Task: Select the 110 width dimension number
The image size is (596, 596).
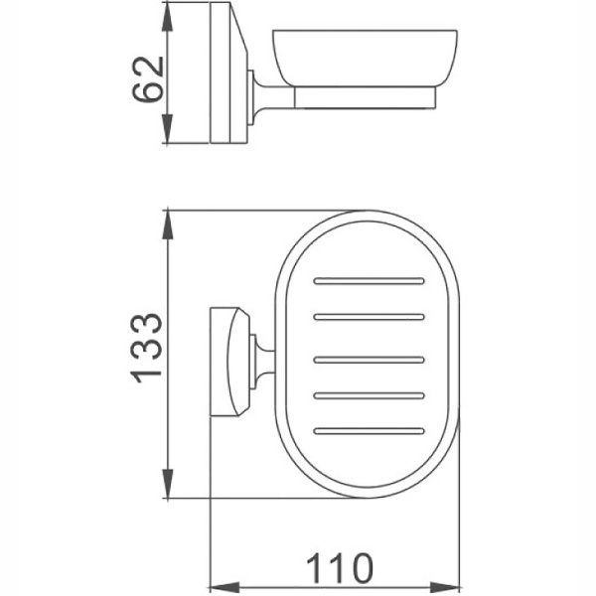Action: point(340,568)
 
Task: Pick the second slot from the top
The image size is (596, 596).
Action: point(368,318)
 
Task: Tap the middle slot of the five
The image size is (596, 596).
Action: point(368,356)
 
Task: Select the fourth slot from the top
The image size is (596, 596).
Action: point(368,392)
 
